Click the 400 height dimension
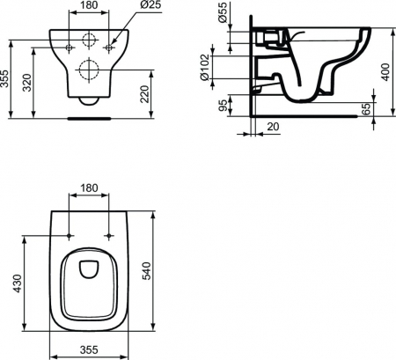[385, 72]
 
